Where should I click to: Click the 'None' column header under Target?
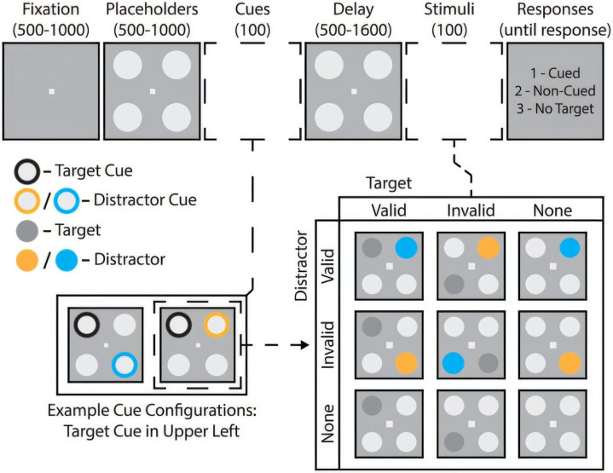[552, 211]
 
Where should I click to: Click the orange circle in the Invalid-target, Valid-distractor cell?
[487, 248]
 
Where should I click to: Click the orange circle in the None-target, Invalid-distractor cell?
[570, 361]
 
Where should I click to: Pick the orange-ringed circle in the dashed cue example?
[215, 325]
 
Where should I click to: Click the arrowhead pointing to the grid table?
[304, 346]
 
